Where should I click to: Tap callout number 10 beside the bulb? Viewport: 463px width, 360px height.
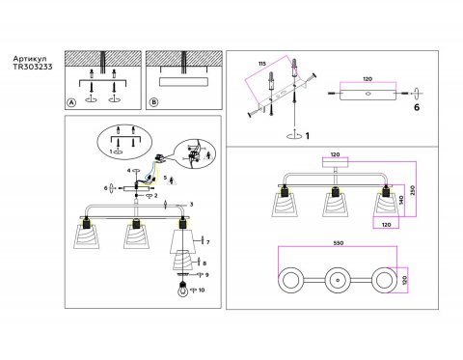pyautogui.click(x=202, y=289)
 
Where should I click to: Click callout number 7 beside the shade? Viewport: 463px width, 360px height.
pyautogui.click(x=206, y=240)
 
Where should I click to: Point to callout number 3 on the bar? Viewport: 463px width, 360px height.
pyautogui.click(x=191, y=205)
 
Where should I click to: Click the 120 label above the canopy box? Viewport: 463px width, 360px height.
pyautogui.click(x=334, y=154)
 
